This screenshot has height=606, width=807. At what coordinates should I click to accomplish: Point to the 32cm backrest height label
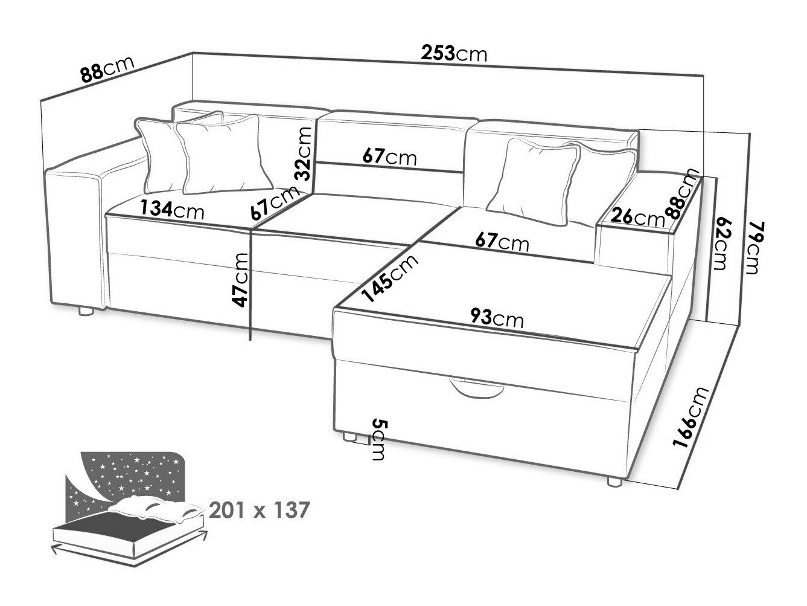click(x=305, y=152)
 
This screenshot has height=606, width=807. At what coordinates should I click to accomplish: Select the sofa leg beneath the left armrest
click(x=85, y=312)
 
